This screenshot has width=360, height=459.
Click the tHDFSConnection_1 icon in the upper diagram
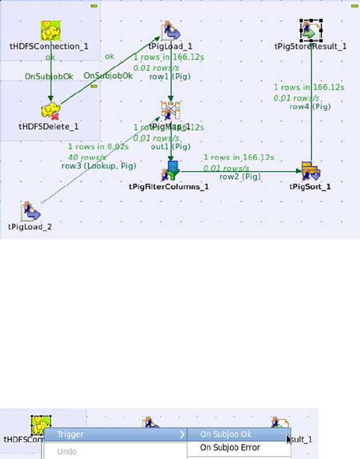51,30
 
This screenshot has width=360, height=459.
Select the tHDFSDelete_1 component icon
51,111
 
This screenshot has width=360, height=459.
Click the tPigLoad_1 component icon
171,31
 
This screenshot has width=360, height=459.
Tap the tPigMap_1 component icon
171,111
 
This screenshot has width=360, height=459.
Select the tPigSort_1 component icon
310,171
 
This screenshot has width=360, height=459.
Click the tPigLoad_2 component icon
30,212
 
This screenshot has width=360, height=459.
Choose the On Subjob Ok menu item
226,434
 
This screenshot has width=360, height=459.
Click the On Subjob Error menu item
230,447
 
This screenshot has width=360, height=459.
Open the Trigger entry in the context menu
70,434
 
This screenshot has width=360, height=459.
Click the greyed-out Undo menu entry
66,451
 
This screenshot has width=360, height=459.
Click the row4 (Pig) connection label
310,106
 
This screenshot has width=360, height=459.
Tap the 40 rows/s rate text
87,157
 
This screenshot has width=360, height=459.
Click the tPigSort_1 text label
310,186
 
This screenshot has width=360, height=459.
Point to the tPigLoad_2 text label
30,226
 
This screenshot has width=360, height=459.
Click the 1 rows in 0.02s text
98,147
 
